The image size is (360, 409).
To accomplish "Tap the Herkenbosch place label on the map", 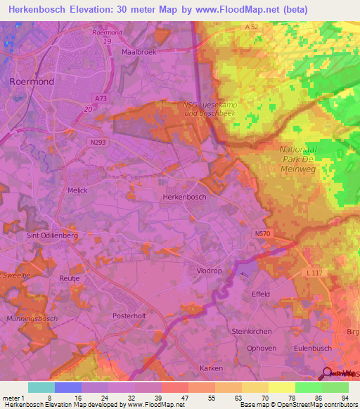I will (x=184, y=197).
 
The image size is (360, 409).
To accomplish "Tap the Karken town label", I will (x=211, y=368).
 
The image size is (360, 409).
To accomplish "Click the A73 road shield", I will (x=101, y=99).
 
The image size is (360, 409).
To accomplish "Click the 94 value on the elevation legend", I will (x=345, y=398).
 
